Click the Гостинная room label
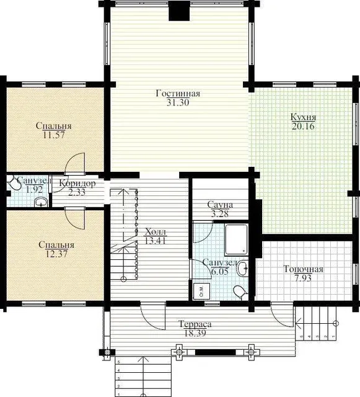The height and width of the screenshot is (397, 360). tap(178, 94)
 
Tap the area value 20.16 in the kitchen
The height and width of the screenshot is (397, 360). tap(303, 126)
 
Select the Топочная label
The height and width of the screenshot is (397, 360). tap(303, 269)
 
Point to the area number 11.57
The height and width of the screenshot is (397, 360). tap(54, 135)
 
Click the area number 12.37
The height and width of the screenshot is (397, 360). tap(56, 254)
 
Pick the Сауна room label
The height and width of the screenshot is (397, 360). tap(220, 205)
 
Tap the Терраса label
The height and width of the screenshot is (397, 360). tap(195, 324)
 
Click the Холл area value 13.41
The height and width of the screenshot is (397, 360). tap(156, 240)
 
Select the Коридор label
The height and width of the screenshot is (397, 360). tap(77, 183)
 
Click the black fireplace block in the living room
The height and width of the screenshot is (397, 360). tap(179, 11)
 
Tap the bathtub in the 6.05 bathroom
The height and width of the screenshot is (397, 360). tap(236, 239)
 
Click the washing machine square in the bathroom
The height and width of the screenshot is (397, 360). tap(201, 291)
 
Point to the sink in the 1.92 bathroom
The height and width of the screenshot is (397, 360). tap(41, 202)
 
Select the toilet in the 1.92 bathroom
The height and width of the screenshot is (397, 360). tap(14, 183)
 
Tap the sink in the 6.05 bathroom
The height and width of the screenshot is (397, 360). tap(242, 268)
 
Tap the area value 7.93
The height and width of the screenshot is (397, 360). tap(303, 279)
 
